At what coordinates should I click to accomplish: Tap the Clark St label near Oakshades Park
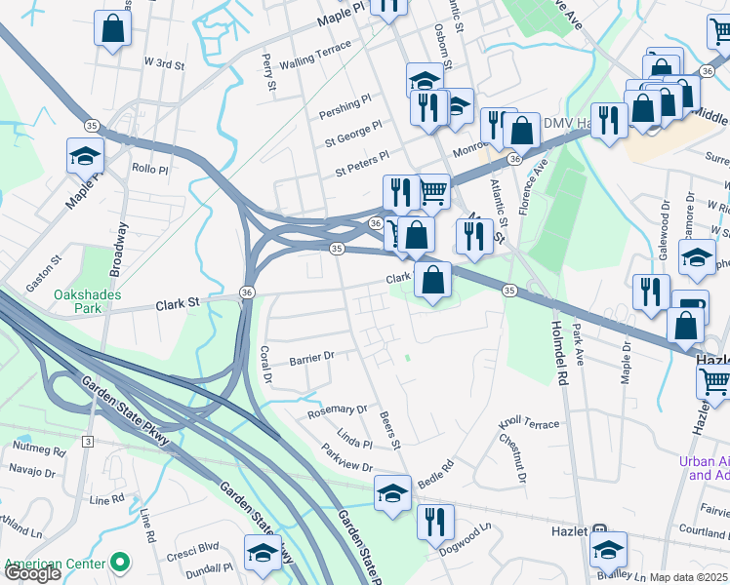[177, 304]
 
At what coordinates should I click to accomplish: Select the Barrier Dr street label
[311, 359]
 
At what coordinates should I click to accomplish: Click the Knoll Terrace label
[529, 424]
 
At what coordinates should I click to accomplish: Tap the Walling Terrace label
[314, 62]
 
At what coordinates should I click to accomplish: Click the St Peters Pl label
[361, 162]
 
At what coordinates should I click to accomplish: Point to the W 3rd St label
[164, 63]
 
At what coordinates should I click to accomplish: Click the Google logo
[32, 573]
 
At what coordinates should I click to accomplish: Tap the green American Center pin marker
[120, 563]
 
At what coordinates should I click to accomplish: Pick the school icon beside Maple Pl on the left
[85, 155]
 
